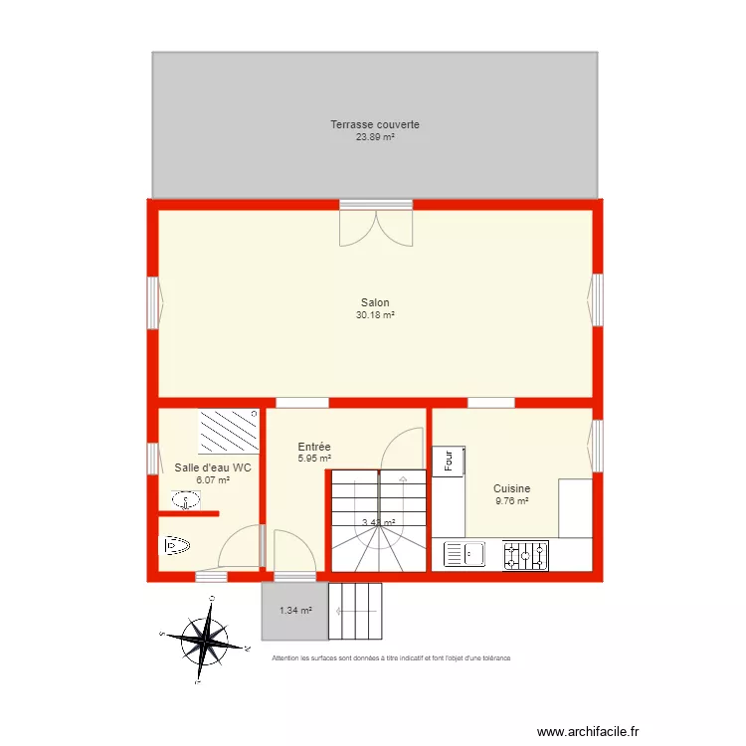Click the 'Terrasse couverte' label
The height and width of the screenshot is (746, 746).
click(375, 124)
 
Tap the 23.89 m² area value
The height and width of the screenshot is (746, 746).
click(375, 137)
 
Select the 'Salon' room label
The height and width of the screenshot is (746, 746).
click(375, 303)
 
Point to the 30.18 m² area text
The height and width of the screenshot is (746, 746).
click(375, 316)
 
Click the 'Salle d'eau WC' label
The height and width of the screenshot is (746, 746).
click(206, 467)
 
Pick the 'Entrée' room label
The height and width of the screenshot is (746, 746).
click(314, 448)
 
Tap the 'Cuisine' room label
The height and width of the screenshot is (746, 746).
click(512, 488)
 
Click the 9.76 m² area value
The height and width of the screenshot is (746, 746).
click(512, 501)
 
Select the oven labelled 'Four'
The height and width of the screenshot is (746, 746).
click(449, 462)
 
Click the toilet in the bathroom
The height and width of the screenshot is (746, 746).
click(175, 545)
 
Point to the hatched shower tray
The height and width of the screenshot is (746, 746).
click(228, 431)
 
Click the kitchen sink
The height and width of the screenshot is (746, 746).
click(463, 555)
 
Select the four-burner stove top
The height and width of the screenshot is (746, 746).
click(525, 555)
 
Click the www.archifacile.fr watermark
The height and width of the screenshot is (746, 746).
click(589, 730)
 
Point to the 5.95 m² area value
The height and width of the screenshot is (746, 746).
click(314, 460)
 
